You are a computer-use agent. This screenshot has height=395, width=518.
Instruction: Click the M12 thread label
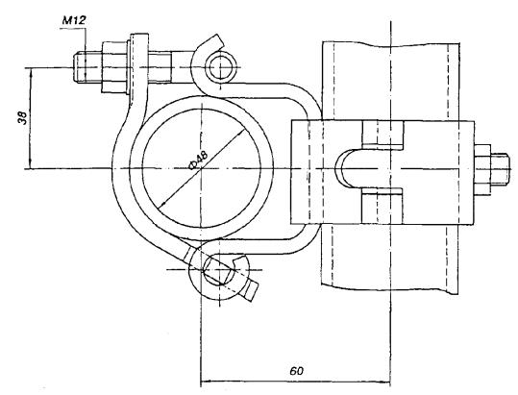(x=74, y=20)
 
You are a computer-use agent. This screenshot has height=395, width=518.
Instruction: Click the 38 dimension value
(x=22, y=118)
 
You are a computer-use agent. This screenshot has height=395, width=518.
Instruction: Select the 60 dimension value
(x=296, y=371)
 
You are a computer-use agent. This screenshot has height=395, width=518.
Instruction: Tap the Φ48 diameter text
(x=198, y=160)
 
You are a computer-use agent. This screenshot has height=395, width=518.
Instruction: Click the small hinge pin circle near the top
(x=221, y=67)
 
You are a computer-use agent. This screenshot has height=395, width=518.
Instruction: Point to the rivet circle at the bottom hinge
(x=218, y=270)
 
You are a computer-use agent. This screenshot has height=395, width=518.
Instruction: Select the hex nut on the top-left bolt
(x=114, y=67)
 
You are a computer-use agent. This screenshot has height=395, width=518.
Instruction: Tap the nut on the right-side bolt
(x=482, y=170)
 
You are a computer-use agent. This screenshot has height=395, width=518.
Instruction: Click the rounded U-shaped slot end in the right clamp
(x=345, y=169)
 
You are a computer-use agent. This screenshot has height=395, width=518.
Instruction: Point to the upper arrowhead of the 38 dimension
(x=31, y=72)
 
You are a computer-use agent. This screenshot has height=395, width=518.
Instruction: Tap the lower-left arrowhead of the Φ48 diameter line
(x=161, y=205)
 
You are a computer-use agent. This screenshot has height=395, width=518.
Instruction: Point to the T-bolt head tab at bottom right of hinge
(x=250, y=289)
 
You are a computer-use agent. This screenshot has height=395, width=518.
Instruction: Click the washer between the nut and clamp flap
(x=129, y=67)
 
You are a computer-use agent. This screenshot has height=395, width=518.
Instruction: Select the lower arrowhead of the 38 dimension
(x=31, y=164)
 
